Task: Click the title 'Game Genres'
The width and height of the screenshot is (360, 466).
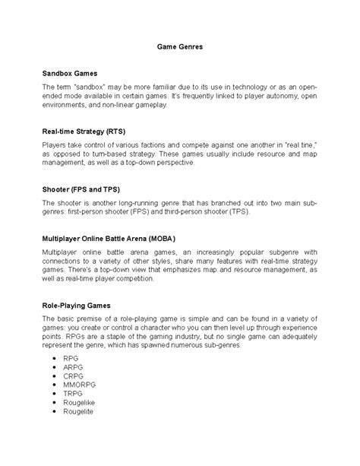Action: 180,46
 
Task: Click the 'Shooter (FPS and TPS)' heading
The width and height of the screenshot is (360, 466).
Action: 81,188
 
